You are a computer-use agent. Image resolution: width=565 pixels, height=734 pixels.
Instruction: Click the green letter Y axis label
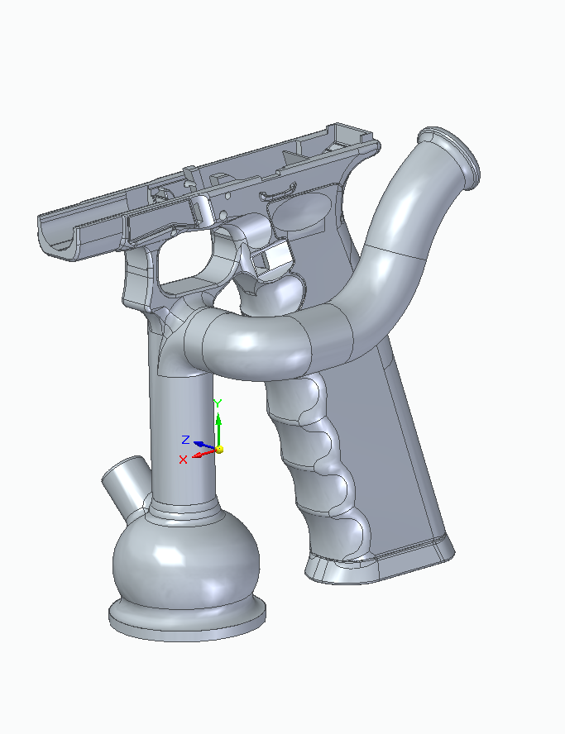point(217,403)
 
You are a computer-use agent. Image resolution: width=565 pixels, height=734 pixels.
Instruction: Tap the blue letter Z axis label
point(185,440)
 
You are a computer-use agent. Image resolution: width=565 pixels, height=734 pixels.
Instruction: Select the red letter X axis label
point(183,460)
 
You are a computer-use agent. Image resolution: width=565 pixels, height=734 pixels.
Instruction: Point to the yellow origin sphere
point(219,450)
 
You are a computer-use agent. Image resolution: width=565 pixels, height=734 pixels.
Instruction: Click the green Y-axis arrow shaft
point(218,431)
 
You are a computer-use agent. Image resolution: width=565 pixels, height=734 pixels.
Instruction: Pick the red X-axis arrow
point(204,454)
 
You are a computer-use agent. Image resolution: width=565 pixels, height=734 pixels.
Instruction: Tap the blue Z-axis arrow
point(204,446)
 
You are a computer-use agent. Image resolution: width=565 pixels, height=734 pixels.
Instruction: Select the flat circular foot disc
point(188,620)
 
